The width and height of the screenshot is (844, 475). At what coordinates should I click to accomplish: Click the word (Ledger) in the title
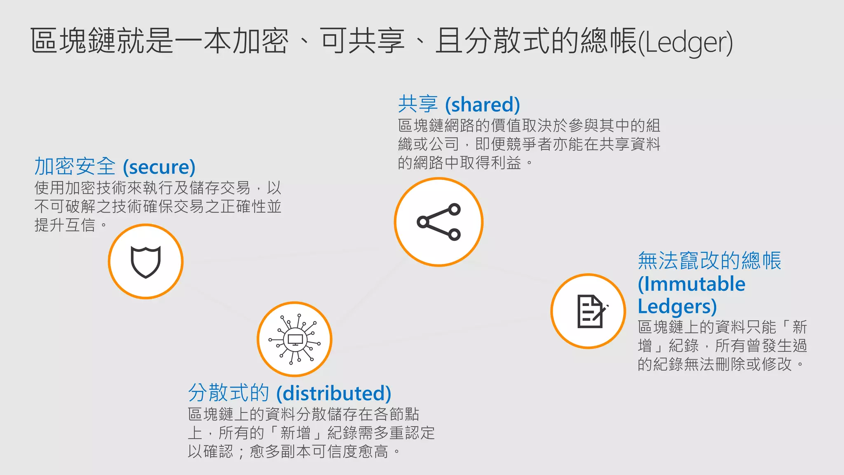pos(685,42)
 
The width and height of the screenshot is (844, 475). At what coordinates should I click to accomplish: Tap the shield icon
pos(145,262)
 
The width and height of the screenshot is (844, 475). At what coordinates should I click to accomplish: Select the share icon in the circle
pos(438,222)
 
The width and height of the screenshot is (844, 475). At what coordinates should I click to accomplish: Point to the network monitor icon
pos(295,339)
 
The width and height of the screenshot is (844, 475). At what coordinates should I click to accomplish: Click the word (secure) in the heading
pos(159,167)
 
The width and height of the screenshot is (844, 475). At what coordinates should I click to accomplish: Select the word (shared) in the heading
pos(483,105)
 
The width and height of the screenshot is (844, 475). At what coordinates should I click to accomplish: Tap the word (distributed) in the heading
pos(334,393)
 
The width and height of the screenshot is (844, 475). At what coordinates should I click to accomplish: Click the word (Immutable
pos(692,284)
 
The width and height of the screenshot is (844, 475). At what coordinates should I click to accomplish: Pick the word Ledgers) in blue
pos(677,306)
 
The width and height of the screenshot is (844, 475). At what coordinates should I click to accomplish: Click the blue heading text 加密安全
pos(75,167)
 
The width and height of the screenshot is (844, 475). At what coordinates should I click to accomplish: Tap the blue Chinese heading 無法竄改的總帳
pos(709,261)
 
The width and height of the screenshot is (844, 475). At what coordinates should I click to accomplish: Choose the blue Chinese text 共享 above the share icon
pos(418,104)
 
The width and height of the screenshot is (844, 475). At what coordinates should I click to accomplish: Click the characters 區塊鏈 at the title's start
pos(73,41)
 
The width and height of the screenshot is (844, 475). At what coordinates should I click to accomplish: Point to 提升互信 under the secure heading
pos(65,225)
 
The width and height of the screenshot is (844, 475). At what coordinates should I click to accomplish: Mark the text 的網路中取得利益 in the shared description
pos(460,163)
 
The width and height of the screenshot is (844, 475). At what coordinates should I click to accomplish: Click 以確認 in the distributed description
pos(211,451)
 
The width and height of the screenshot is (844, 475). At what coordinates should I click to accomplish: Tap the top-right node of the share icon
pos(454,209)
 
